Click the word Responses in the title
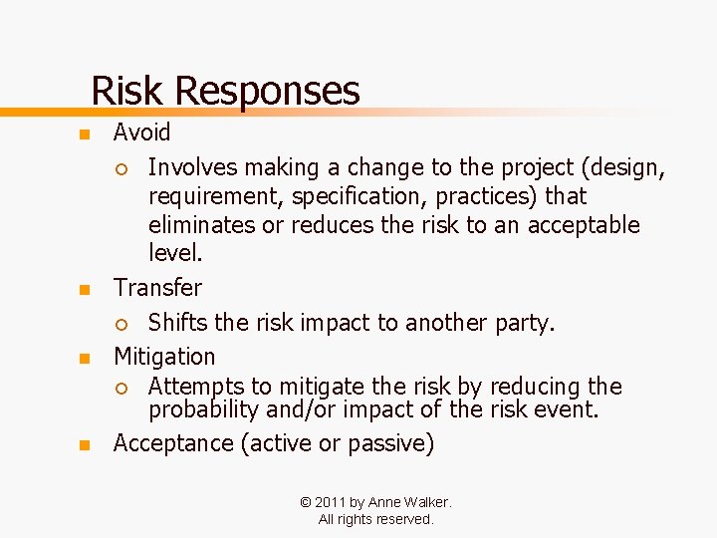pyautogui.click(x=266, y=91)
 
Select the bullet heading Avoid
pyautogui.click(x=141, y=133)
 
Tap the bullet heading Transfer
pyautogui.click(x=157, y=288)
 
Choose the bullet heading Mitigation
pyautogui.click(x=164, y=357)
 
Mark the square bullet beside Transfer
pyautogui.click(x=86, y=290)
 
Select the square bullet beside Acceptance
pyautogui.click(x=86, y=445)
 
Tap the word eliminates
pyautogui.click(x=202, y=225)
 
